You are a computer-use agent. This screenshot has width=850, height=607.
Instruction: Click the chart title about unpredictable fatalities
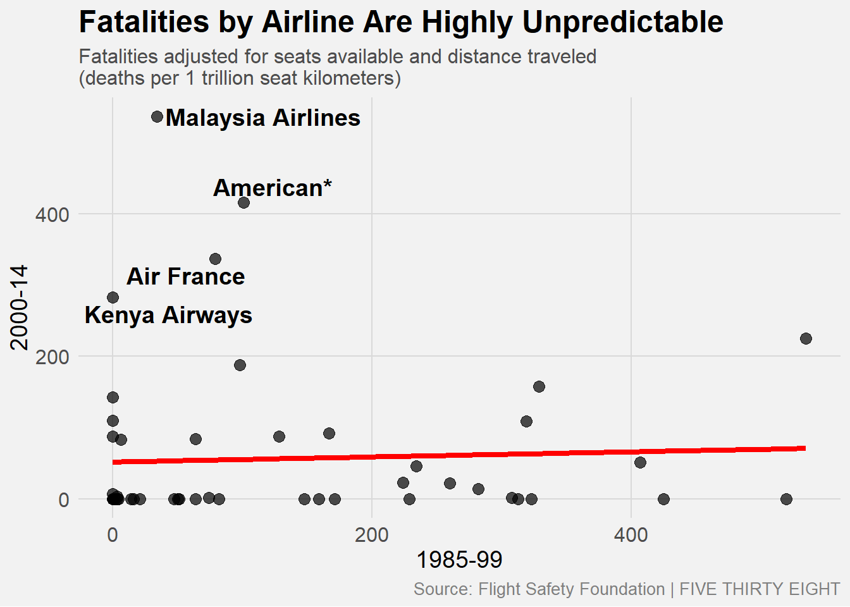401,23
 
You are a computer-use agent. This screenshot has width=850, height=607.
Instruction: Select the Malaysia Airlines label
263,118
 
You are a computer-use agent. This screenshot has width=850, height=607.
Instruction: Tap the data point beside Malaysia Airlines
157,117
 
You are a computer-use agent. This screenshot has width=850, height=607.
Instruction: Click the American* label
273,188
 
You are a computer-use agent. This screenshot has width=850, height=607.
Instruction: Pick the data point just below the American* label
243,202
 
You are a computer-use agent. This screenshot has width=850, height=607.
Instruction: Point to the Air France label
185,276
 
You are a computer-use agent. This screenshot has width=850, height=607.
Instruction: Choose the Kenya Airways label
168,315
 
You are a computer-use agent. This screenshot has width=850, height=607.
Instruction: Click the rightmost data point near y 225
806,338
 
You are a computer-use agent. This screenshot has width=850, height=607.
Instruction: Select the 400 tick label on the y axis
52,214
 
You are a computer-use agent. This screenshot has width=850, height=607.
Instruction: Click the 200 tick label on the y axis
52,357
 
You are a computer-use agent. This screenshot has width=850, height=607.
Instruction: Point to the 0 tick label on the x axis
113,535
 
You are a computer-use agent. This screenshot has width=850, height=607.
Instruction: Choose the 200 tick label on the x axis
372,535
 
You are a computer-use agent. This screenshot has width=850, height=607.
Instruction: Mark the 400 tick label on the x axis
631,535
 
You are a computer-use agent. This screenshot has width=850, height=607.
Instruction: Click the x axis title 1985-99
459,560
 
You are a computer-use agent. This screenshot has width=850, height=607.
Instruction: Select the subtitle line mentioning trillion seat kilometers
240,78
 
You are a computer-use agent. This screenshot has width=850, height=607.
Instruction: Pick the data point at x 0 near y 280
113,297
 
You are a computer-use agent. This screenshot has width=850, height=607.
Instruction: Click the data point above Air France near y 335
215,259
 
